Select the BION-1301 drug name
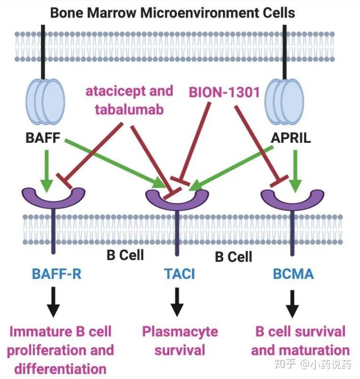tap(224, 92)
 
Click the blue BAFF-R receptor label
tap(57, 274)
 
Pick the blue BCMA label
tap(294, 274)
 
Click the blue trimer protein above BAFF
tap(43, 101)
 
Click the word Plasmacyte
tap(180, 331)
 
